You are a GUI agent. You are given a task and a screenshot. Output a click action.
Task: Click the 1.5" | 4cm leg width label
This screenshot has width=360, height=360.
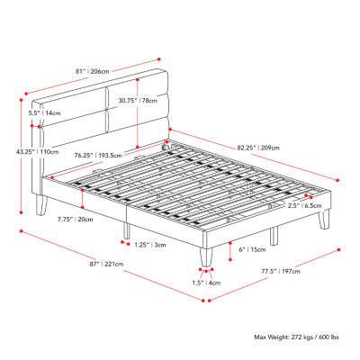(206, 283)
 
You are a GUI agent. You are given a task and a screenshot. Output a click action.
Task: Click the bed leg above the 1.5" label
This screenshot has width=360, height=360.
(206, 256)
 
